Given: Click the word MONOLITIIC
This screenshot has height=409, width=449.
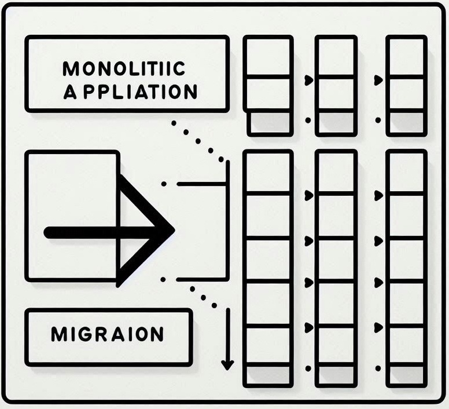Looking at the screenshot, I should [124, 69].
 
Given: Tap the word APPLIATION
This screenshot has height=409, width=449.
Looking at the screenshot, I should [130, 92].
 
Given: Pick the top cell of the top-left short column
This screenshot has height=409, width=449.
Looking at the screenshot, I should [267, 56].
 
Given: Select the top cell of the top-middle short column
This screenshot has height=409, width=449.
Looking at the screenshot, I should [336, 56].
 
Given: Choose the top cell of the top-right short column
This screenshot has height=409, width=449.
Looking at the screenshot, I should [406, 56].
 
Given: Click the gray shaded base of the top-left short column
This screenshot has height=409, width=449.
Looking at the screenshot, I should [269, 123].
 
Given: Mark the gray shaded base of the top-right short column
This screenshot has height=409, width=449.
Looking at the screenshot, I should [406, 123].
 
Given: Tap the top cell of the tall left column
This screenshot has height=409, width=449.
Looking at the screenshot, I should [267, 171].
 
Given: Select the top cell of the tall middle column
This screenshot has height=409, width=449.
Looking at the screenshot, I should [336, 171].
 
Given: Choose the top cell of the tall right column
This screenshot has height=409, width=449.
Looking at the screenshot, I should [406, 171].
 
